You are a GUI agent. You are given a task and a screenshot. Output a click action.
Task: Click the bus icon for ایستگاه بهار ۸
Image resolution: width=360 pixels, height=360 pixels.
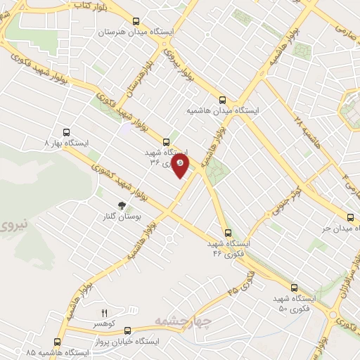[x=67, y=131]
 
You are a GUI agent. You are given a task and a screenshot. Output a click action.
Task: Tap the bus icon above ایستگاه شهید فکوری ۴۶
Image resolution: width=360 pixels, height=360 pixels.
[x=227, y=233]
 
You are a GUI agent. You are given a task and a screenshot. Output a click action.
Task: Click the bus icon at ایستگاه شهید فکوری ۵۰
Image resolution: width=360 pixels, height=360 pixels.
[x=293, y=288]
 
